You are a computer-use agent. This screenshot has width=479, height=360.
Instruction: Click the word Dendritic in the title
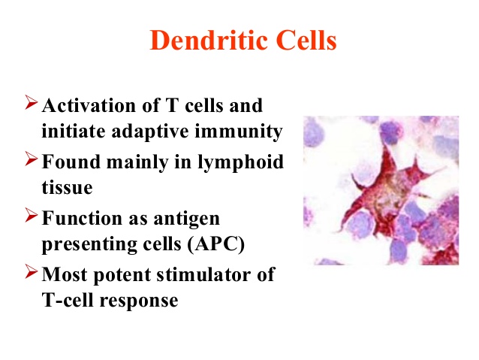(208, 40)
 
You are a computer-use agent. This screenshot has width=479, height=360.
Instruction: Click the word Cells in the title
(306, 40)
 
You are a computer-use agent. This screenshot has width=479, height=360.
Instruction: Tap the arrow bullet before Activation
(32, 102)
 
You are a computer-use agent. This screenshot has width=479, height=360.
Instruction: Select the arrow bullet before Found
(32, 159)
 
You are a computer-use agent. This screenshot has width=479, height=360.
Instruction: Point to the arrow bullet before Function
(32, 215)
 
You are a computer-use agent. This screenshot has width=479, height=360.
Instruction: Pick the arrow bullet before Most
(32, 271)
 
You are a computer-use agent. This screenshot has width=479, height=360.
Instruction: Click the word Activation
(89, 105)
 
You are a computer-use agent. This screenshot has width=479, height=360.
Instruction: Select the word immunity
(239, 132)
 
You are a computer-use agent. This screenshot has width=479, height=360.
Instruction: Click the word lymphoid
(241, 162)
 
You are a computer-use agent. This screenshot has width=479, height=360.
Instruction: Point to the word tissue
(68, 187)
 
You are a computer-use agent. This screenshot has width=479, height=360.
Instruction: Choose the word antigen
(187, 219)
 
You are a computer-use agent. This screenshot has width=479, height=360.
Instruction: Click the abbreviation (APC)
(216, 244)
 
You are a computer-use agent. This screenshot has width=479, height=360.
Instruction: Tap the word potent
(122, 274)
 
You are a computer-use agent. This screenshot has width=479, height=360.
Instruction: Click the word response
(139, 301)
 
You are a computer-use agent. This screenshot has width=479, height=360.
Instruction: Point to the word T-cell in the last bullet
(68, 300)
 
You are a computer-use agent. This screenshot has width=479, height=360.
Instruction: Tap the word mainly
(137, 162)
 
